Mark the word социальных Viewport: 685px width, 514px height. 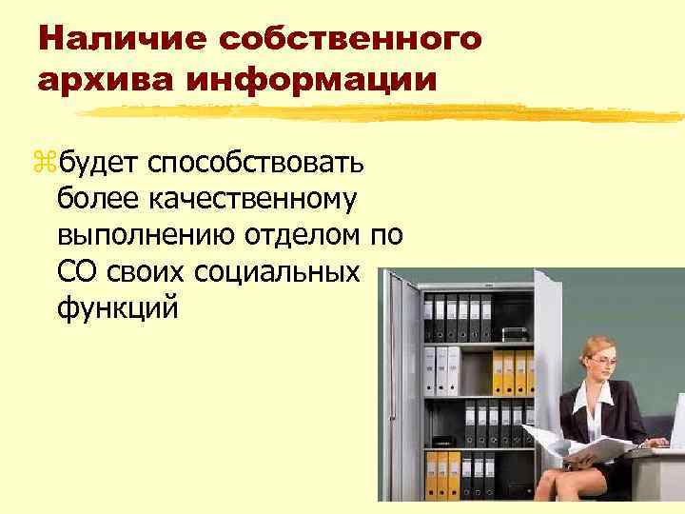click(x=276, y=271)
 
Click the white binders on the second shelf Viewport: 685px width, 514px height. click(x=442, y=370)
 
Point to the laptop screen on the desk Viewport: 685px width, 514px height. click(x=677, y=419)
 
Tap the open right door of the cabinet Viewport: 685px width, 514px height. click(x=550, y=343)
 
